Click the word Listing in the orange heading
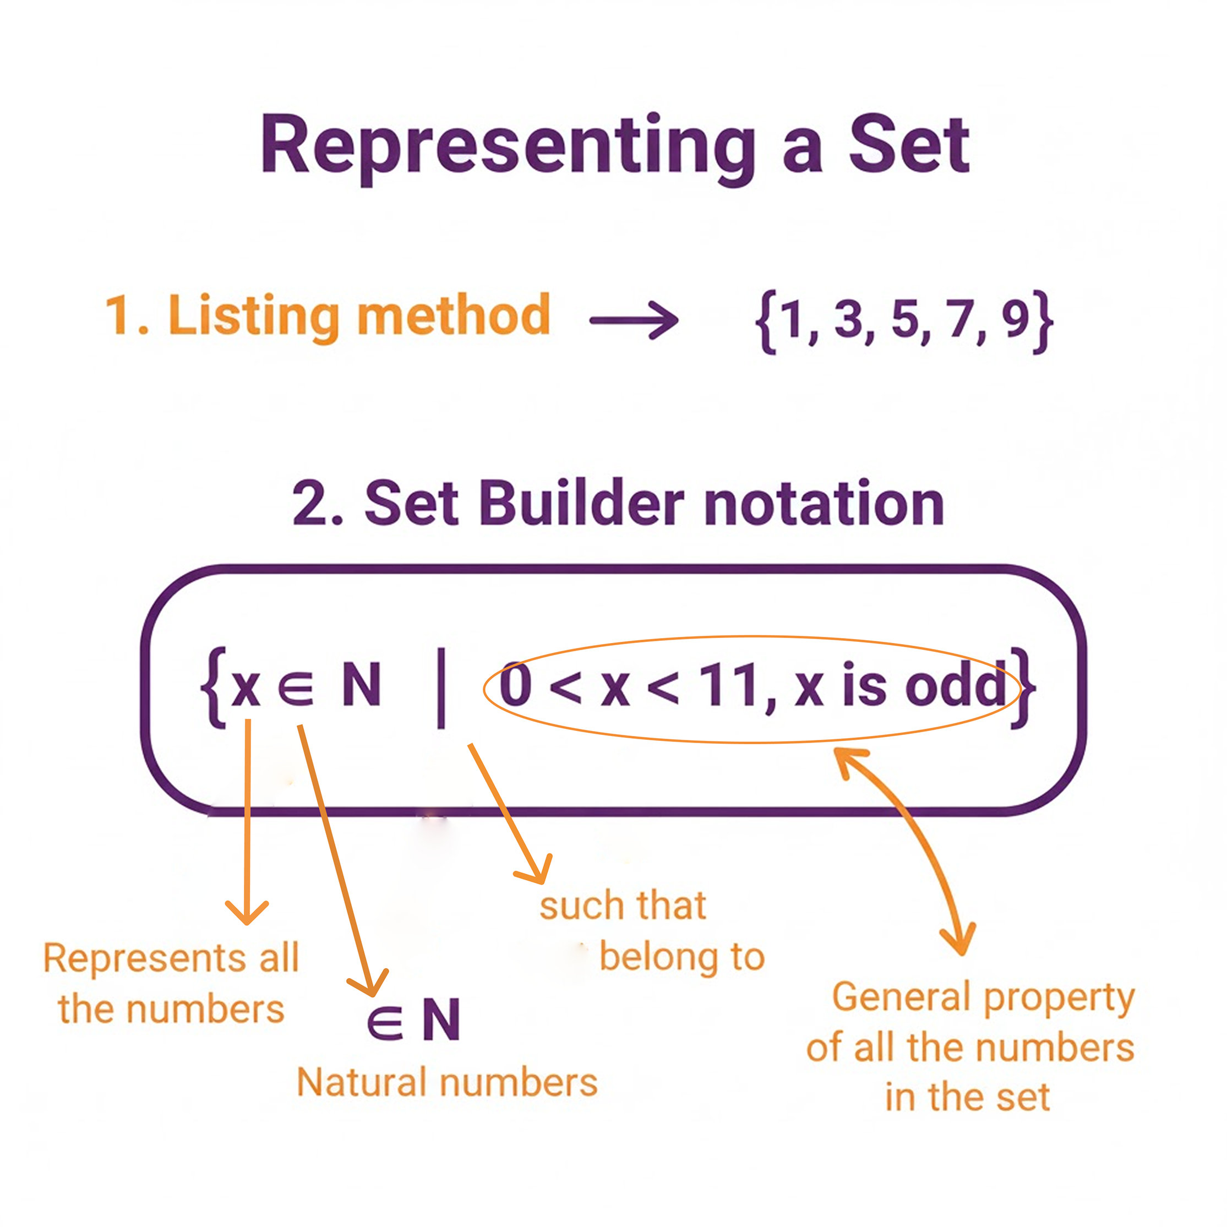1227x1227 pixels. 253,315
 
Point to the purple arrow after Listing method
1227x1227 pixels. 634,320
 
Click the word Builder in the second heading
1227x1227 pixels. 581,503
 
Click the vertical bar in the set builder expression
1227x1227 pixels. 441,687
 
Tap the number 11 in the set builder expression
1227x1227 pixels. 729,686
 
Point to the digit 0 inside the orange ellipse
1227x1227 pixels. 515,686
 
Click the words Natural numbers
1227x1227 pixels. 447,1083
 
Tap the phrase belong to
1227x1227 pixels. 681,957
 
